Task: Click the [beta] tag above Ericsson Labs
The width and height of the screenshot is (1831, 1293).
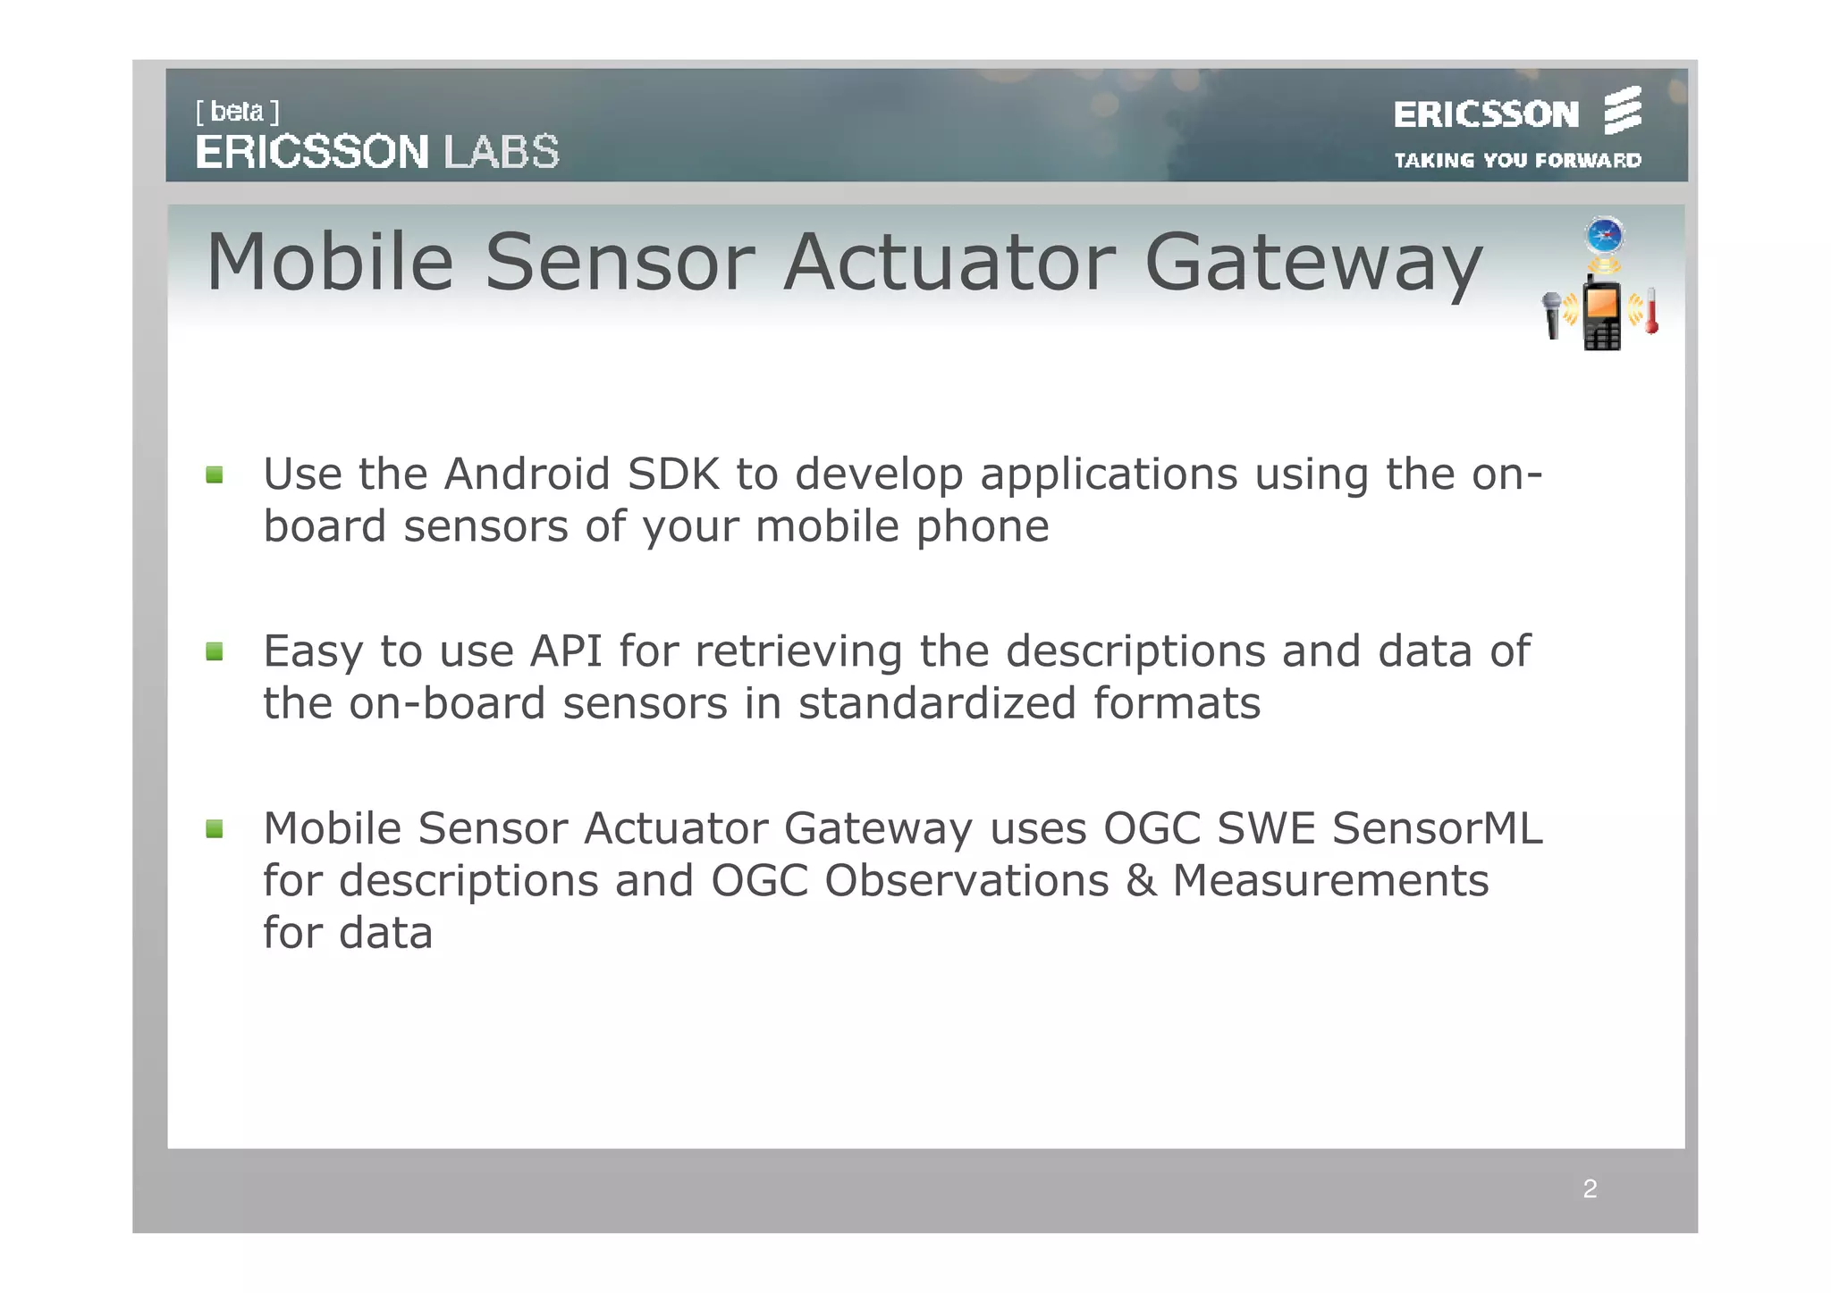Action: [x=237, y=112]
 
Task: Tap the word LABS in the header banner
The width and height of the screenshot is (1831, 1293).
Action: [x=502, y=152]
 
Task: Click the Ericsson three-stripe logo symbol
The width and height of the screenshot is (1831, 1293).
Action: [x=1622, y=111]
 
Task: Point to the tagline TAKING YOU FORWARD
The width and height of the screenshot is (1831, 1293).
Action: [x=1517, y=161]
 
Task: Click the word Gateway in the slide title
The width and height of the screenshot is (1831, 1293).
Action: [x=1312, y=263]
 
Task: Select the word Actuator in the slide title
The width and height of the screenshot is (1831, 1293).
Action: [x=949, y=263]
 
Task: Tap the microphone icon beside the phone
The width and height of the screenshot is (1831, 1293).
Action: [x=1552, y=315]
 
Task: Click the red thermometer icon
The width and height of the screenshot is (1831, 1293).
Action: [x=1651, y=311]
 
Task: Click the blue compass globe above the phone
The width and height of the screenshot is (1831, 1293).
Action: [x=1605, y=236]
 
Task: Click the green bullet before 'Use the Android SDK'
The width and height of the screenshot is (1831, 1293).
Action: [x=215, y=474]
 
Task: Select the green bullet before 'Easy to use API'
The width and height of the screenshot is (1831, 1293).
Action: [x=215, y=651]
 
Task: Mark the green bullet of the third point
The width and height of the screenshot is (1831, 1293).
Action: [x=215, y=829]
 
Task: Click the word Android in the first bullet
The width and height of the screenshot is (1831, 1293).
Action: [x=527, y=474]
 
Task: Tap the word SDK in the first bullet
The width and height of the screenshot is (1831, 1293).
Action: [x=673, y=474]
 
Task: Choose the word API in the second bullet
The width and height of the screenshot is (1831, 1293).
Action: [x=565, y=651]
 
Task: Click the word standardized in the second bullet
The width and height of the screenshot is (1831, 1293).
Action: [x=937, y=703]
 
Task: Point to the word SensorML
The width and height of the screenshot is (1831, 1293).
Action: [x=1437, y=828]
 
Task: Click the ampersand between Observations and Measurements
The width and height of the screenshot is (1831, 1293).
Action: [x=1140, y=881]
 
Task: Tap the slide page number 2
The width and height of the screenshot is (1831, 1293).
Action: [x=1590, y=1189]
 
